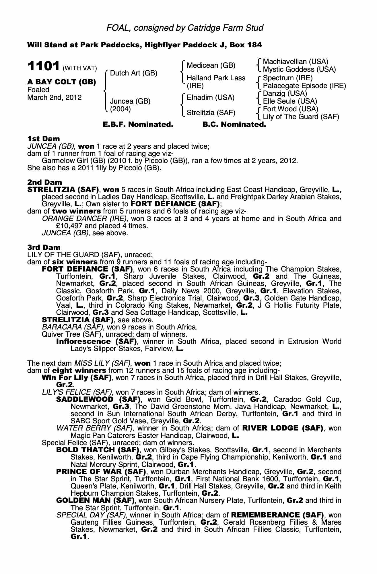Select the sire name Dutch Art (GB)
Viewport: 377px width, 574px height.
(x=134, y=73)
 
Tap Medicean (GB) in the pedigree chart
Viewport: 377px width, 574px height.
(x=211, y=65)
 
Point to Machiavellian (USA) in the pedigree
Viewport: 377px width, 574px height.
(x=296, y=61)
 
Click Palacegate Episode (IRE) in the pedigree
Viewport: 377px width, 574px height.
(x=304, y=86)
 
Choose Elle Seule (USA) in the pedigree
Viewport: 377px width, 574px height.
(x=290, y=101)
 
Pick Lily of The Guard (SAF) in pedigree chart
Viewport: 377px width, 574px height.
(x=301, y=117)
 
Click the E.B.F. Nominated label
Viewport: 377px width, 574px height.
(x=138, y=125)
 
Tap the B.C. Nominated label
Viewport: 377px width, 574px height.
(x=234, y=125)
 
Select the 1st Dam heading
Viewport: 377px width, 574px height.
(x=43, y=139)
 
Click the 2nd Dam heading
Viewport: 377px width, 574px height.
(x=44, y=182)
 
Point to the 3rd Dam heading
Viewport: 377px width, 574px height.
(x=44, y=247)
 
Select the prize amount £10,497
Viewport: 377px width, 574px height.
(x=70, y=226)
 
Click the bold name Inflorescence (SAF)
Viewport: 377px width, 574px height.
(x=96, y=342)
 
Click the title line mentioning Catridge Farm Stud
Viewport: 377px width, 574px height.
(x=185, y=28)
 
